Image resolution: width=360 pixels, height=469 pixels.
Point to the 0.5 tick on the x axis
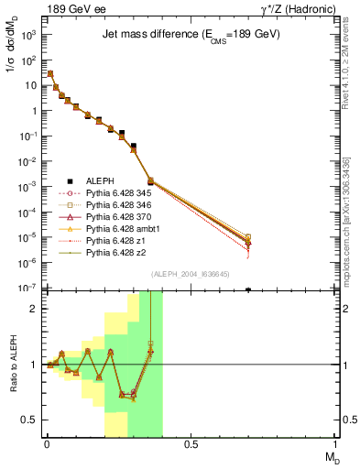(x=191, y=444)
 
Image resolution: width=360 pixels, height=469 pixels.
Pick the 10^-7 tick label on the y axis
(x=28, y=289)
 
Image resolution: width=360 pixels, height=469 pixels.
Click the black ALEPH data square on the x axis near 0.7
(x=248, y=289)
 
